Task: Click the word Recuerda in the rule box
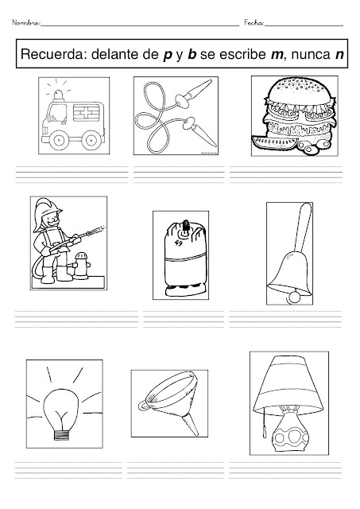(52, 54)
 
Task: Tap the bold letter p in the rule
(167, 56)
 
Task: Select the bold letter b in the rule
(192, 54)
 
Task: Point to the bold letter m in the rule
(277, 56)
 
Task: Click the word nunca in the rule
(311, 56)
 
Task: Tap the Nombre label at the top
(26, 23)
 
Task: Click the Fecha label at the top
(254, 23)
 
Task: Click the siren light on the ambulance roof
(59, 95)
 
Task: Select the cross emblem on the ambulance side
(86, 113)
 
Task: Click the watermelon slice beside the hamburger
(273, 143)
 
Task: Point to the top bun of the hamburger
(299, 90)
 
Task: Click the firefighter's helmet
(46, 208)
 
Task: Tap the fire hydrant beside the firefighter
(82, 266)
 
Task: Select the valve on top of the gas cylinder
(185, 225)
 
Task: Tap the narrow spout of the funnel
(190, 425)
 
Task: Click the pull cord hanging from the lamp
(265, 422)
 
